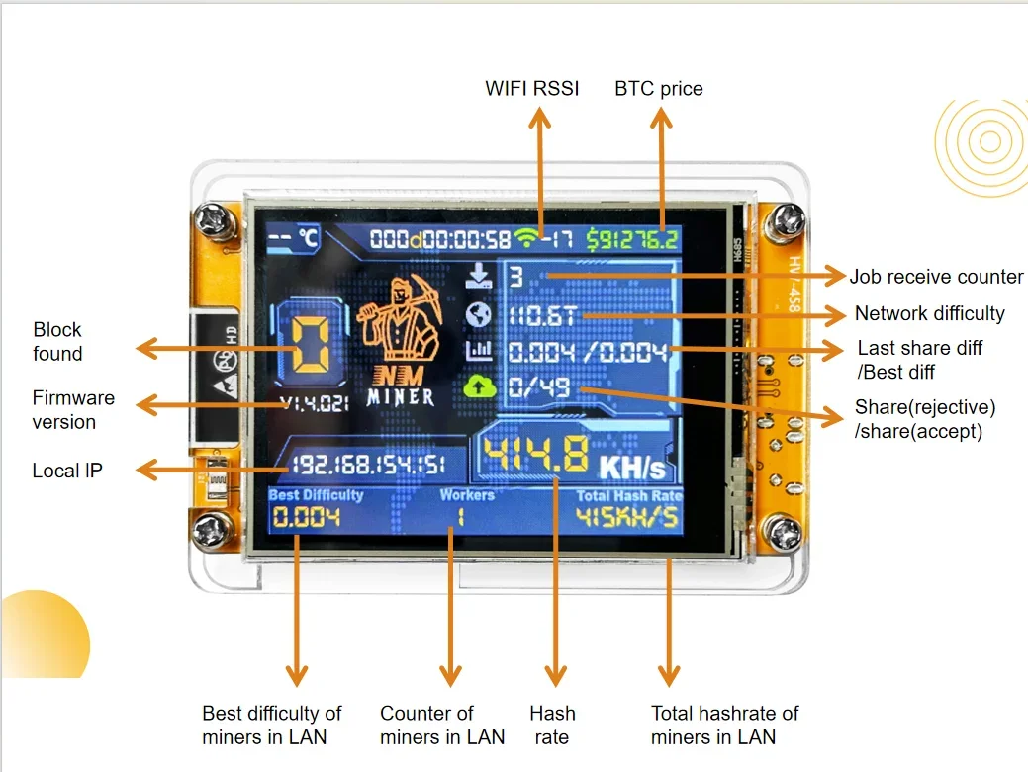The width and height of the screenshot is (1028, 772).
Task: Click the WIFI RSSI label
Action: pos(531,88)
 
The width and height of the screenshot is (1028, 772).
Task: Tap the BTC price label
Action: pos(659,88)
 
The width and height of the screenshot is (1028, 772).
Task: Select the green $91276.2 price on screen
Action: pos(632,238)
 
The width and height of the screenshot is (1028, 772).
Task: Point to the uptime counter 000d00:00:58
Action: pos(440,238)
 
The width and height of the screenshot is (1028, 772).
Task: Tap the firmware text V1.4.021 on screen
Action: pos(313,403)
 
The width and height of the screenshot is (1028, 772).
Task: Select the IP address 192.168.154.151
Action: pos(367,465)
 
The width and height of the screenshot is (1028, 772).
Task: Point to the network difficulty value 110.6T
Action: pos(543,316)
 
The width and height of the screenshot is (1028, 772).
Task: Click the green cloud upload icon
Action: pos(478,386)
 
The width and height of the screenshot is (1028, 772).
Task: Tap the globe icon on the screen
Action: pos(478,314)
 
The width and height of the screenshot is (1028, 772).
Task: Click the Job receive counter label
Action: pos(936,276)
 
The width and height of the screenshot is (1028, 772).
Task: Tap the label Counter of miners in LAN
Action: pos(442,725)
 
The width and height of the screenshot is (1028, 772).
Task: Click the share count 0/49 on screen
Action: pos(540,386)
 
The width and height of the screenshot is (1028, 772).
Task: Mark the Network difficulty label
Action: pos(929,313)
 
